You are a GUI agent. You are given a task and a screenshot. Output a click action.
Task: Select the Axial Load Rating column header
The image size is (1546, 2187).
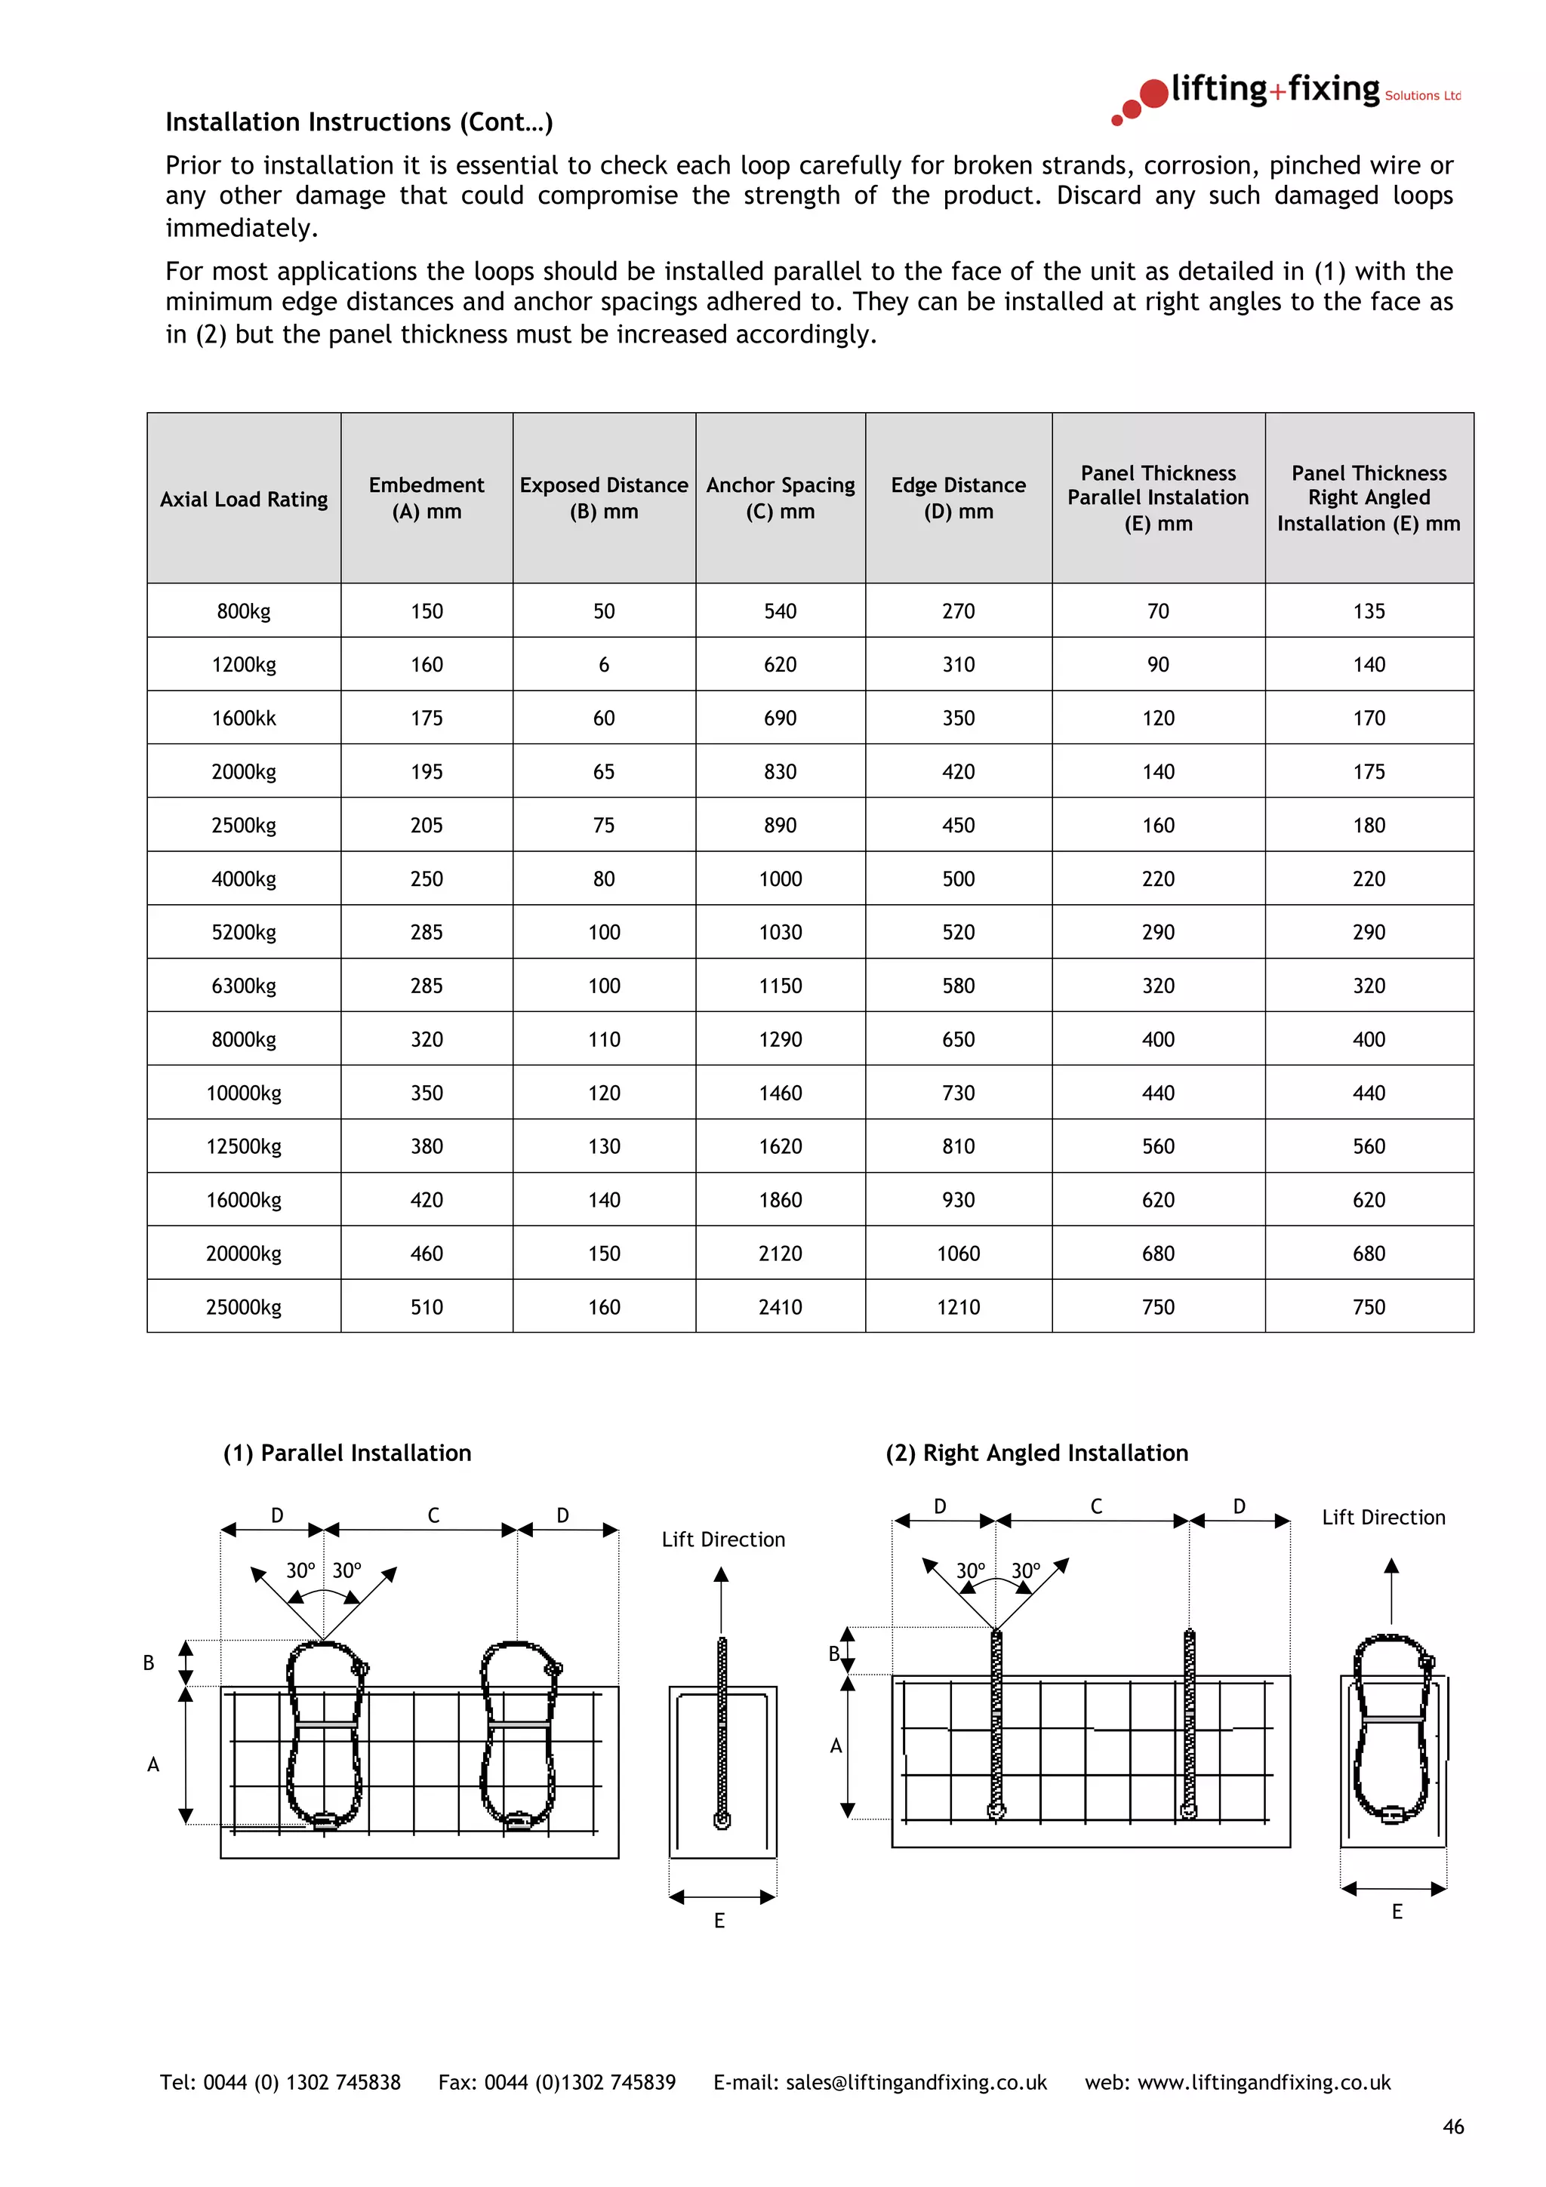(x=244, y=499)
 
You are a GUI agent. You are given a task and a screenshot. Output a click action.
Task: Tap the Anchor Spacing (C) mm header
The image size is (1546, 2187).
(x=780, y=497)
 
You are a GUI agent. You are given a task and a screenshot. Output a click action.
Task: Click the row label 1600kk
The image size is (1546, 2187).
(x=244, y=718)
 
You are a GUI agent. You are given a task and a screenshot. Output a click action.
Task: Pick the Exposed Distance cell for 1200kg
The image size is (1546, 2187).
(x=604, y=665)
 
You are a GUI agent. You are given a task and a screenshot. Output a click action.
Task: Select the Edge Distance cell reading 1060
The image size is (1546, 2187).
(x=958, y=1253)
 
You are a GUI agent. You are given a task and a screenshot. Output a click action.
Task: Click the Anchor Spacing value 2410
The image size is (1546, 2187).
(x=780, y=1307)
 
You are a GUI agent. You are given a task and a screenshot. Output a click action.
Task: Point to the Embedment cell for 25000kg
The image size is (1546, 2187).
(x=427, y=1307)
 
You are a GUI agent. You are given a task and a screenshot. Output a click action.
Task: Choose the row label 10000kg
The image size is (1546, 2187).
(x=244, y=1093)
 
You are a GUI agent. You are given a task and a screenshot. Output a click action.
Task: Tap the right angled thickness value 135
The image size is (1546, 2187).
(x=1369, y=611)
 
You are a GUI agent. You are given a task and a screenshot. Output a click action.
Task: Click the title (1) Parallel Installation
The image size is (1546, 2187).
(x=346, y=1453)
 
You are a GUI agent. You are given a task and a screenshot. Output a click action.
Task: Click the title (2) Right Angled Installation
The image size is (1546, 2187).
(x=1036, y=1453)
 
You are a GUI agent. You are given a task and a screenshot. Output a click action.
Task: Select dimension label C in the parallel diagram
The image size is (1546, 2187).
(x=433, y=1515)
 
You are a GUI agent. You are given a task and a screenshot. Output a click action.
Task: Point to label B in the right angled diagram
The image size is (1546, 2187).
(x=834, y=1653)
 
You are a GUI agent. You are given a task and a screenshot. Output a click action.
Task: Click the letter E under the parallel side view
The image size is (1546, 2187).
(x=719, y=1921)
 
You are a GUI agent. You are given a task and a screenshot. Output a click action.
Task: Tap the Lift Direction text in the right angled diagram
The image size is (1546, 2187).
(x=1383, y=1518)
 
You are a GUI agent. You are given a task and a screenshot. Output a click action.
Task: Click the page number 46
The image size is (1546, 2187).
(x=1452, y=2127)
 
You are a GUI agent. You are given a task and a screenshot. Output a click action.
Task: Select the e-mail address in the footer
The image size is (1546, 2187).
(x=916, y=2082)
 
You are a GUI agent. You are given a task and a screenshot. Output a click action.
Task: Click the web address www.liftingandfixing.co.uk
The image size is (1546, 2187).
(x=1264, y=2082)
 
